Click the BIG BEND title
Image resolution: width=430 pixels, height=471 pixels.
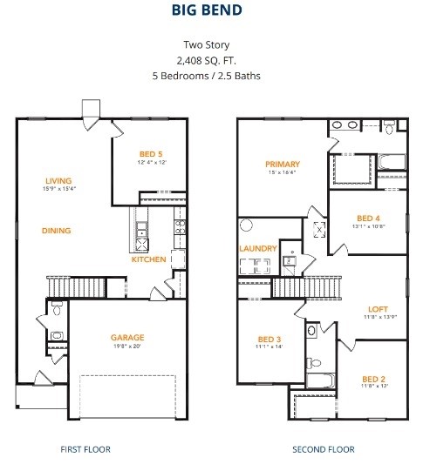(215, 12)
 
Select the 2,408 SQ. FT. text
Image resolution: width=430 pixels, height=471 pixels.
(215, 60)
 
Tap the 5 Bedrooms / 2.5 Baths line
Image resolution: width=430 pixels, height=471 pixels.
(215, 76)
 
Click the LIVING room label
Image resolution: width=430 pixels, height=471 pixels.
(58, 180)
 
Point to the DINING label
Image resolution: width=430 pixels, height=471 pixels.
(56, 231)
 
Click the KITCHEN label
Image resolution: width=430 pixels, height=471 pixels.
(148, 259)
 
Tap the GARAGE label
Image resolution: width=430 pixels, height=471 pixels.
(127, 337)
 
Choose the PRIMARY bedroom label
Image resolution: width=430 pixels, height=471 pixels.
(283, 164)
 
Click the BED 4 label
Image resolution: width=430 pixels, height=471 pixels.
(369, 218)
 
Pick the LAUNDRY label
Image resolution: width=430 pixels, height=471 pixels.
(258, 248)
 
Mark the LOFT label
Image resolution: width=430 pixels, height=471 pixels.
(378, 309)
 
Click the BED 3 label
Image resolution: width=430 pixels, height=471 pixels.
(269, 340)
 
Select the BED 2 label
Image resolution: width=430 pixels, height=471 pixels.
(373, 379)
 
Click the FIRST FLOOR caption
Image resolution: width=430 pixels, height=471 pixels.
(85, 449)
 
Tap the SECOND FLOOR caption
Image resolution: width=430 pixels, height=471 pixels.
(323, 449)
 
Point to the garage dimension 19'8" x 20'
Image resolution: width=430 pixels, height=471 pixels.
(127, 347)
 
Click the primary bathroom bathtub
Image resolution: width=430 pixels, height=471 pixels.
(391, 161)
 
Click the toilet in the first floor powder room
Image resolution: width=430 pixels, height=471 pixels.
(57, 307)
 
